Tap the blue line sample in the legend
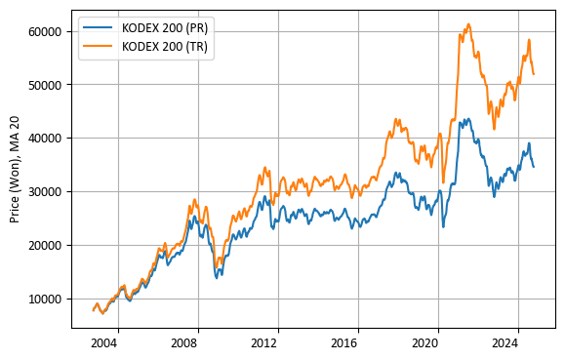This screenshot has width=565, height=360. (x=99, y=27)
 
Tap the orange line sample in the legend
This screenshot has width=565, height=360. (x=99, y=45)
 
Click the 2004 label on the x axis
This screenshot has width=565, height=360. (x=104, y=343)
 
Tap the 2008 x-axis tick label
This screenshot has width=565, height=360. (x=185, y=343)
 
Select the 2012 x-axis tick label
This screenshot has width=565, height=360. (x=265, y=343)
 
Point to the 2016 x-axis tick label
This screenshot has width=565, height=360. (x=345, y=343)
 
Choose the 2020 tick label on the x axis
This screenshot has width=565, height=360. (x=425, y=343)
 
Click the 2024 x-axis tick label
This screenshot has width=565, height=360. (x=505, y=343)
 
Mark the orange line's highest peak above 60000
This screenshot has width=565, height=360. (x=468, y=24)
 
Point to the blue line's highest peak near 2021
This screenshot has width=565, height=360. (x=467, y=119)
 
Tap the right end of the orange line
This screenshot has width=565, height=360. (x=534, y=74)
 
